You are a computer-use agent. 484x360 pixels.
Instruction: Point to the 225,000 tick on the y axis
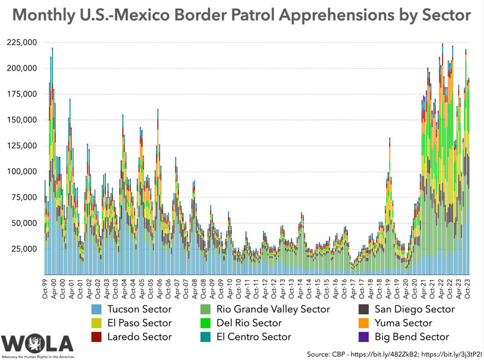22,43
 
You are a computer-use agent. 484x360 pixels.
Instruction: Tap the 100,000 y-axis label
22,172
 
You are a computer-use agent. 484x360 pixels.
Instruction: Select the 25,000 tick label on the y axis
24,249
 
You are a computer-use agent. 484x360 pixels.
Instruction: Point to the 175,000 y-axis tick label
22,94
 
